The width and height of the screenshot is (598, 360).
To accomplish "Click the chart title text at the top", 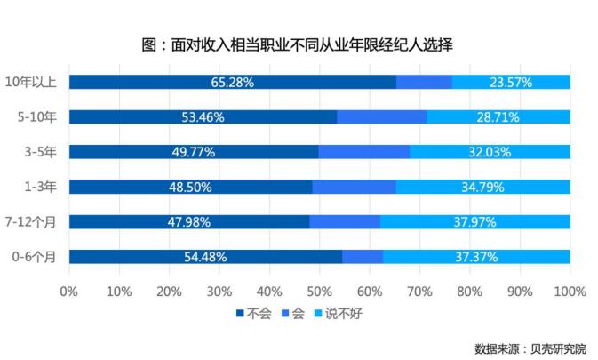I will point(298,44).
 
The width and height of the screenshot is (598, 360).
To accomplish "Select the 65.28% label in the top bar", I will point(233,83).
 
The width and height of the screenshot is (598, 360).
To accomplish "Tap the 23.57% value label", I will point(511,83).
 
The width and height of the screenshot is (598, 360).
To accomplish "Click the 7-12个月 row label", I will point(34,222).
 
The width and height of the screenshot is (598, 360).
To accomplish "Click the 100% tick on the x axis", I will point(570,291).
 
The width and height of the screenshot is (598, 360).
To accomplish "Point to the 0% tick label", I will point(68,291).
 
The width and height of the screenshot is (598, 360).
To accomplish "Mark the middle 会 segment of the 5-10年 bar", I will point(381,117).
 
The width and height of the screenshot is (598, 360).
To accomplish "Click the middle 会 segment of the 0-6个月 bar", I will point(362,257).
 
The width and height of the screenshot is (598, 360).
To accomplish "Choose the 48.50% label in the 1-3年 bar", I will point(190,187).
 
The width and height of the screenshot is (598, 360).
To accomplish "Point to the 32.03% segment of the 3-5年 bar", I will point(490,152).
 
